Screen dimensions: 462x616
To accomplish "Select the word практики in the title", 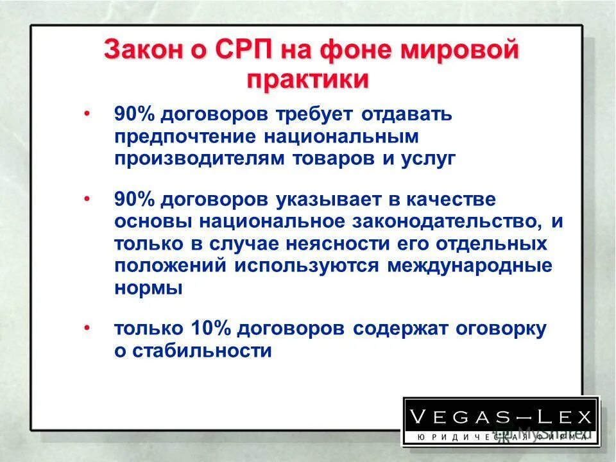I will (308, 80).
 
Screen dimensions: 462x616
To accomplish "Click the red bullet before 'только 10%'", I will (86, 328).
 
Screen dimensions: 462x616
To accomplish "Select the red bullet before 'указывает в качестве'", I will (86, 199).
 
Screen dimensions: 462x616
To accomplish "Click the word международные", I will (469, 265).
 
